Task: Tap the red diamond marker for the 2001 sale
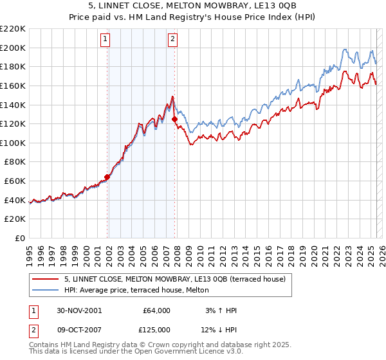[107, 177]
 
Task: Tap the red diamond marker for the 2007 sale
[174, 119]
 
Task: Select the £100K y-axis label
[13, 143]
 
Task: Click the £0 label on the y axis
[20, 238]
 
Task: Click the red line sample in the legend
[45, 278]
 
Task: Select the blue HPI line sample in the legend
[45, 289]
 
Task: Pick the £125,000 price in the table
[156, 330]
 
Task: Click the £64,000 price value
[156, 310]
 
